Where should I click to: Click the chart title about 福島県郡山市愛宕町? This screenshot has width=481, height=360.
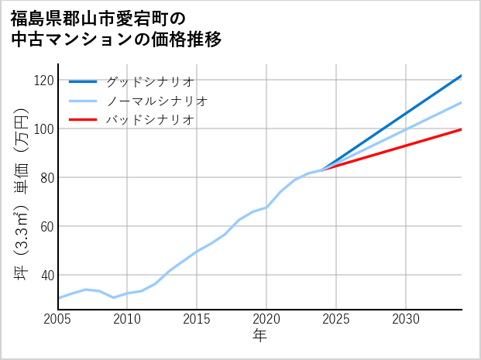point(116,29)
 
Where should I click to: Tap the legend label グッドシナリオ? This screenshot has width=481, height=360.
point(149,81)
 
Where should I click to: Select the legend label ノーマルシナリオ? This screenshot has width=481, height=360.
point(156,101)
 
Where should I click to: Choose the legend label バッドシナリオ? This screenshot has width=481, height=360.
point(149,120)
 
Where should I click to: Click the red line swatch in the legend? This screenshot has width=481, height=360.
point(84,120)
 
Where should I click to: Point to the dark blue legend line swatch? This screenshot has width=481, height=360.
point(84,81)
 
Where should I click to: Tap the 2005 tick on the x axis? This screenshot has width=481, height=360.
point(57,319)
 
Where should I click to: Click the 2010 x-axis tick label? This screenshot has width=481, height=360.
point(127,319)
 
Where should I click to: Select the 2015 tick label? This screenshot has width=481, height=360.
point(197,319)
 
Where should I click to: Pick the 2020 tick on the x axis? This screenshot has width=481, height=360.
point(266,319)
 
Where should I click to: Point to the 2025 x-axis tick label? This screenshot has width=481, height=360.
point(336,319)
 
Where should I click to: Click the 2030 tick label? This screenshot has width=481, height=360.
point(406,319)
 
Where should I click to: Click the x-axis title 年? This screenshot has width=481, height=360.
point(259,336)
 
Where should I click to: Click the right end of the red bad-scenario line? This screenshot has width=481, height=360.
point(461,129)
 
